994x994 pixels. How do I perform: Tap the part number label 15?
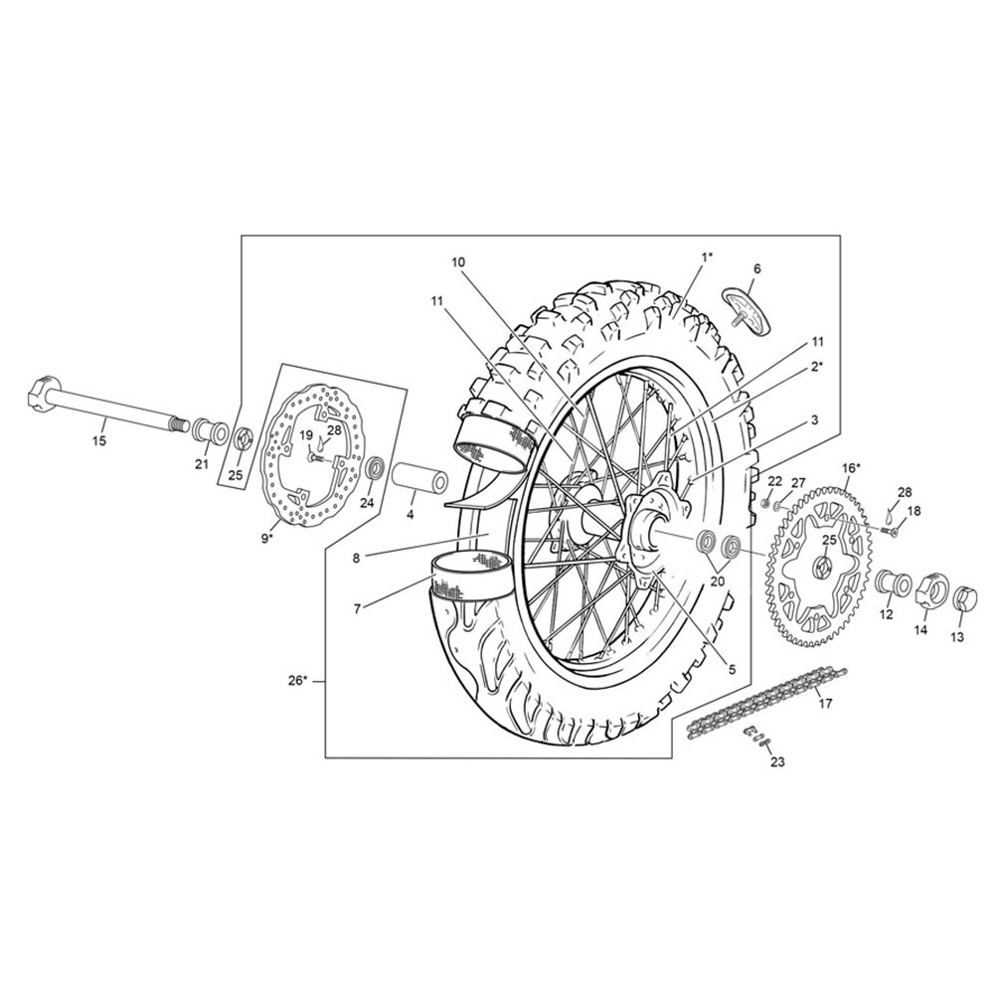pos(100,440)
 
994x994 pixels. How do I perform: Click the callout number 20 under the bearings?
pos(719,581)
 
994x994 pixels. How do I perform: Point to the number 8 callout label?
pos(356,558)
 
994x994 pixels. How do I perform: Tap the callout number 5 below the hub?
pos(732,669)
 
